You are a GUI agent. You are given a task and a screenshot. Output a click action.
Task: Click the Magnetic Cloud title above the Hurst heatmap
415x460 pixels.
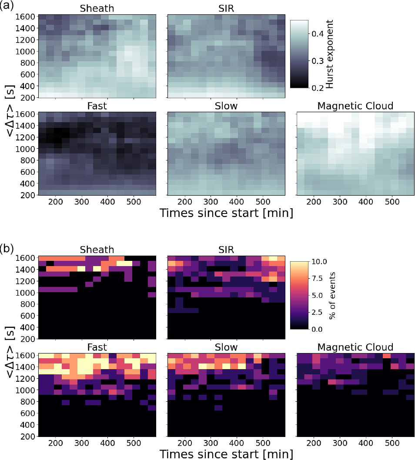coord(355,106)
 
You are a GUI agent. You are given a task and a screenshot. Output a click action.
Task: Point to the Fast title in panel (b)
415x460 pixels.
coord(97,347)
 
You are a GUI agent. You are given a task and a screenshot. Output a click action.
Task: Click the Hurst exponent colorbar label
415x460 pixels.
coord(329,54)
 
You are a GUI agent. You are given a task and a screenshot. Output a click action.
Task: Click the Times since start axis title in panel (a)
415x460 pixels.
coord(226,213)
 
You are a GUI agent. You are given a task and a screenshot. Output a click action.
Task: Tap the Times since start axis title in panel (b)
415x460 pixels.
coord(226,454)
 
